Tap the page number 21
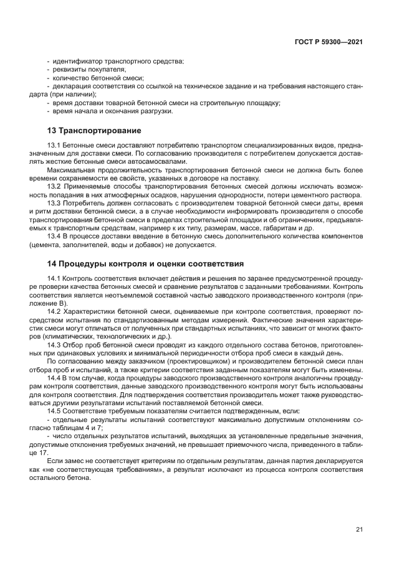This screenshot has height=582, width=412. [359, 529]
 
